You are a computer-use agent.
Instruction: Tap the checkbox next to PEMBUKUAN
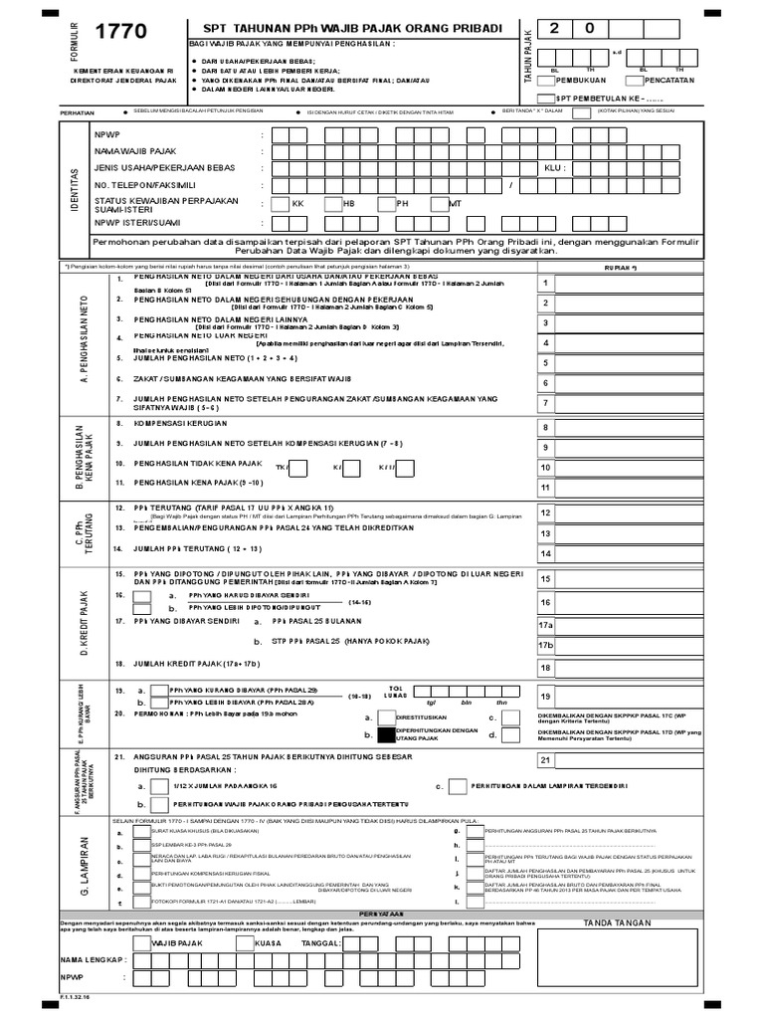(546, 78)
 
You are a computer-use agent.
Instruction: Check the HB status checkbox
(331, 203)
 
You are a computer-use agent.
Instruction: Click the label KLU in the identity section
(554, 168)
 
